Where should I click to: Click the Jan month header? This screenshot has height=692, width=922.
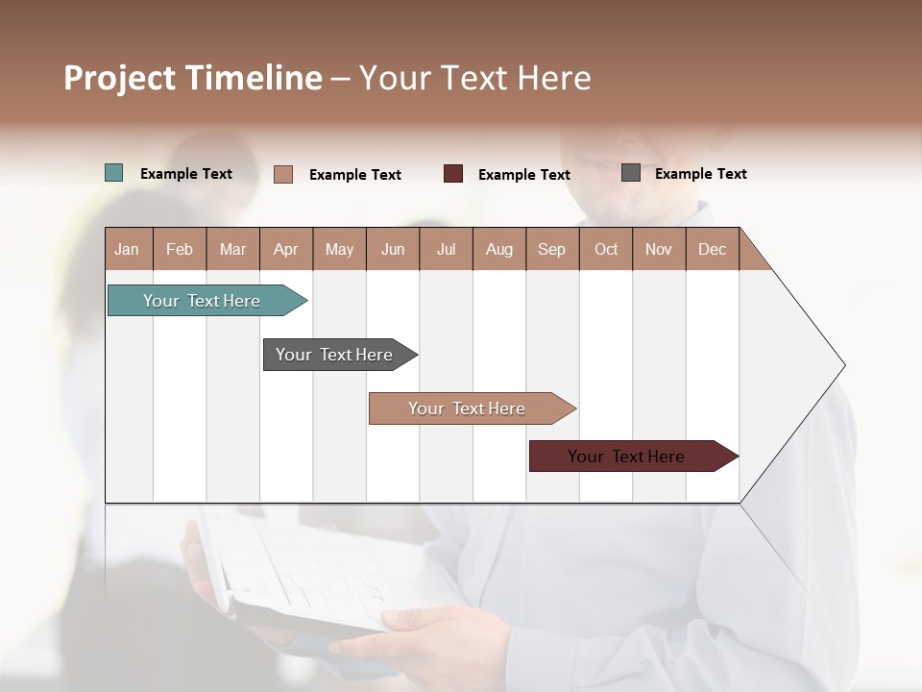click(x=127, y=249)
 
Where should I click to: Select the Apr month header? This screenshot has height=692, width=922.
click(x=285, y=249)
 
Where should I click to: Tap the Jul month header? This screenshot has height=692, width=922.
click(x=446, y=249)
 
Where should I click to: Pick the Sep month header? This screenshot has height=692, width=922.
click(x=551, y=249)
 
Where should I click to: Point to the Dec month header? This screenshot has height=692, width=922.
click(x=712, y=249)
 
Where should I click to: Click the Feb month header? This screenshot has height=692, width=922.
click(x=180, y=249)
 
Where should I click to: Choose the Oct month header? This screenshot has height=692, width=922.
click(x=606, y=249)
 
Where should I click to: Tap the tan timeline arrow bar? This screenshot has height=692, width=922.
click(x=468, y=408)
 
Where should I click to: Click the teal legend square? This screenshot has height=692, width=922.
click(x=113, y=173)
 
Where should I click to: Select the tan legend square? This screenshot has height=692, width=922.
click(x=283, y=174)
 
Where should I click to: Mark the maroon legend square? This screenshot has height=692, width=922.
click(x=453, y=174)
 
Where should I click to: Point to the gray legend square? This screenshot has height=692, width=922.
click(x=631, y=173)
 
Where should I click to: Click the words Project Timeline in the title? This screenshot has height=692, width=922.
click(x=193, y=78)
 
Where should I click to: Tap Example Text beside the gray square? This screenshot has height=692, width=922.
click(x=700, y=174)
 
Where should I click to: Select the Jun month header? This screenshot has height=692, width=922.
click(x=393, y=249)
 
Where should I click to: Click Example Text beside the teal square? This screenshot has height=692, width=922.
click(x=185, y=174)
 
